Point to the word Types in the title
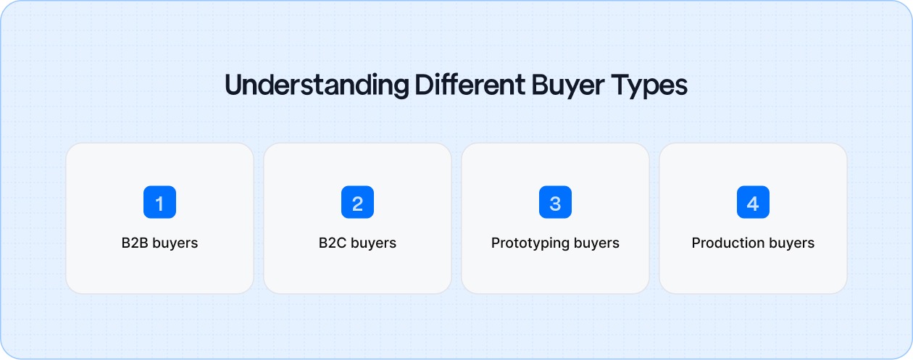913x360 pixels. (x=651, y=85)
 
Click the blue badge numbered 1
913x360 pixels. (x=159, y=203)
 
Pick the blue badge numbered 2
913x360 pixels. (x=357, y=203)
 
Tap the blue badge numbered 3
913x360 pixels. (x=555, y=203)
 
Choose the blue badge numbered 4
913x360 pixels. (x=753, y=203)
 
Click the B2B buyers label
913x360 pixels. (x=159, y=243)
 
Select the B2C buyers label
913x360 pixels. (x=357, y=243)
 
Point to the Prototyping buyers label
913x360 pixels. (x=555, y=243)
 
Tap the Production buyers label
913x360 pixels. (x=753, y=243)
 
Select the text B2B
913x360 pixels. (x=135, y=243)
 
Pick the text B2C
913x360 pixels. (x=333, y=243)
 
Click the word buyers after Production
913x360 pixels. (x=792, y=243)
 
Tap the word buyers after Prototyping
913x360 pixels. (x=597, y=243)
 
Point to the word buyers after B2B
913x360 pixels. (x=175, y=243)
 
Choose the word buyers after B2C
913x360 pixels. (x=374, y=243)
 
